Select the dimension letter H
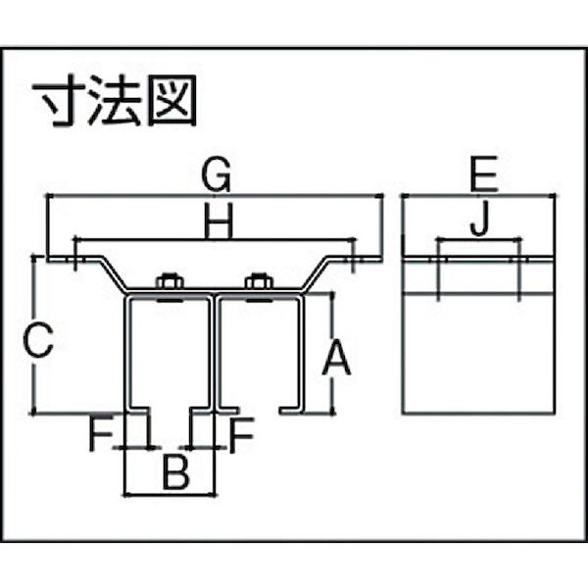click(x=219, y=220)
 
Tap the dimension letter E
click(x=484, y=173)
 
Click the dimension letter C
click(x=37, y=340)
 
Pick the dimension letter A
click(x=336, y=358)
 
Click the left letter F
click(x=101, y=434)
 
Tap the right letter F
click(x=241, y=434)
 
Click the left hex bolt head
click(x=169, y=280)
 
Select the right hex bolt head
click(x=259, y=280)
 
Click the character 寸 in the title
click(x=58, y=100)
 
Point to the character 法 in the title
click(x=115, y=100)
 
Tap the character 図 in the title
click(x=172, y=100)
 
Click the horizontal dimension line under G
click(x=215, y=195)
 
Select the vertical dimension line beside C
click(x=33, y=335)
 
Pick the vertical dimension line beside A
click(x=332, y=353)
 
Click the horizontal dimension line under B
click(x=171, y=495)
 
